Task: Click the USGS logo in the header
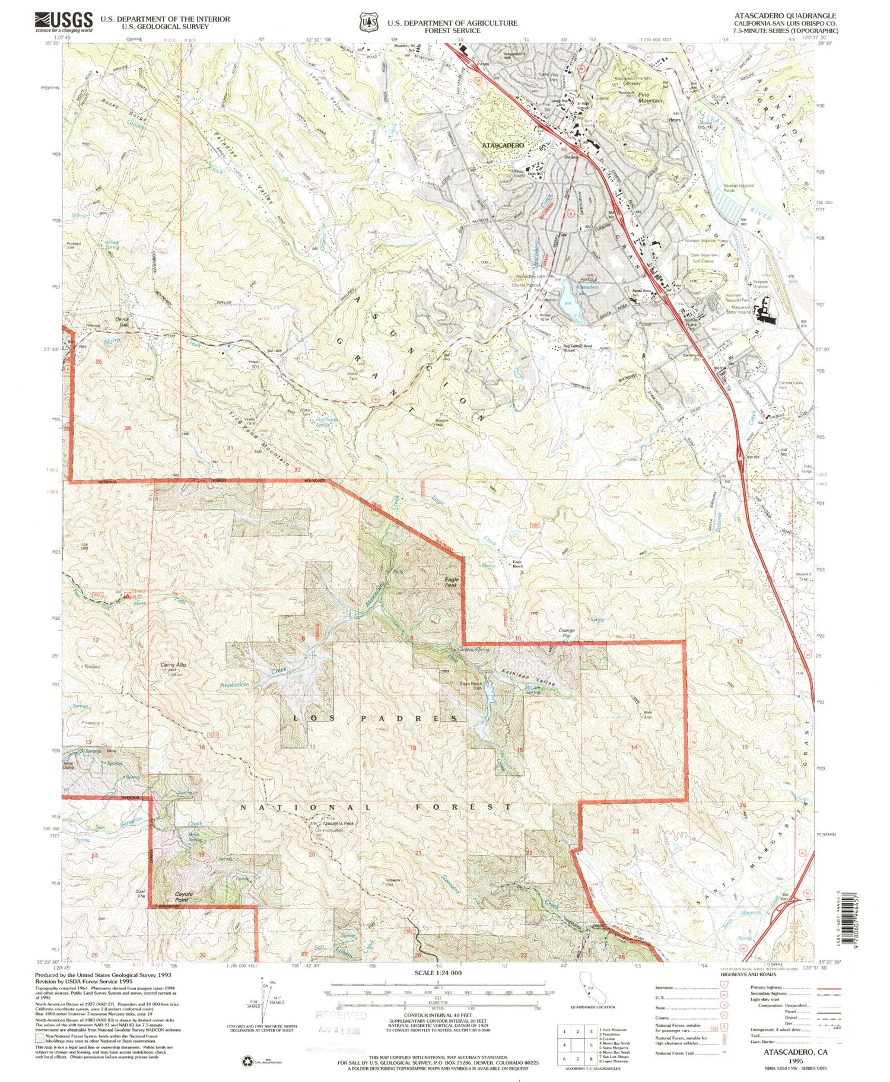pyautogui.click(x=64, y=22)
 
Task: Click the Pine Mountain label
pyautogui.click(x=651, y=97)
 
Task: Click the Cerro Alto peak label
pyautogui.click(x=173, y=665)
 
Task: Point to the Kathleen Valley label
pyautogui.click(x=529, y=679)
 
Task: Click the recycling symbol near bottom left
pyautogui.click(x=247, y=1061)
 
